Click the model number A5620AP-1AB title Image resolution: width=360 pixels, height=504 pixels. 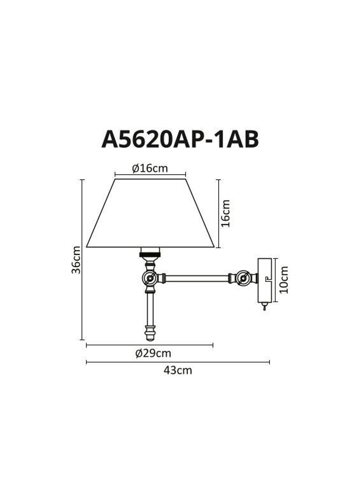click(180, 139)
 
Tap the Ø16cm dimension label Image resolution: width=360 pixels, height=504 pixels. click(150, 168)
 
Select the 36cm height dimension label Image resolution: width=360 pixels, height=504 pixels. click(76, 260)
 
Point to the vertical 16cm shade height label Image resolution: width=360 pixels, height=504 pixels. click(226, 213)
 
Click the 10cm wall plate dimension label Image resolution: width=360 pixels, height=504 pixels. click(284, 280)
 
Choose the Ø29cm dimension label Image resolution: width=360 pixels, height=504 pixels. click(153, 354)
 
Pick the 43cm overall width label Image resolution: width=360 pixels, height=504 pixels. click(178, 370)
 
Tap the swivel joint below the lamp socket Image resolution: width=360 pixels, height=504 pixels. click(150, 278)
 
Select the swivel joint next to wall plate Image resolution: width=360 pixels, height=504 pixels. click(244, 278)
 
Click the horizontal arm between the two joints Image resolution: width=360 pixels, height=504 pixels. click(197, 278)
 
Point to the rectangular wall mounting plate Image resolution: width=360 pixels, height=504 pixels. click(264, 280)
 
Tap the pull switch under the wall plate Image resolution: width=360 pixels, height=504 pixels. click(265, 307)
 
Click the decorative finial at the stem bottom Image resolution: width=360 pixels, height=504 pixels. click(150, 333)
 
